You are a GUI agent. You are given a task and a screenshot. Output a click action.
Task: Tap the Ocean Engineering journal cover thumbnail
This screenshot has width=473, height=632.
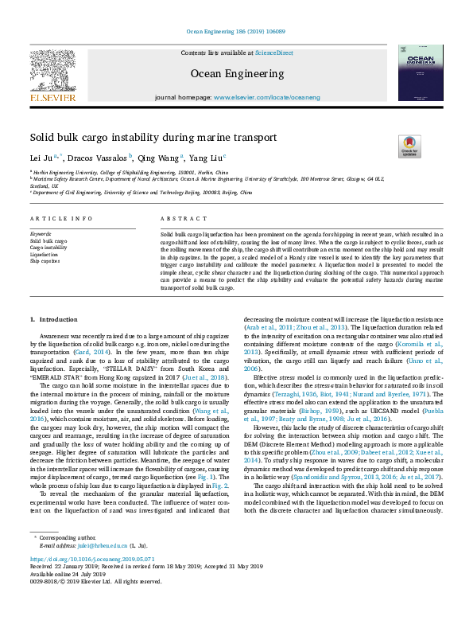pos(421,72)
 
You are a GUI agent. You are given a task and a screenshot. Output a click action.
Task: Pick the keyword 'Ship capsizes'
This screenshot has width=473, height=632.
pos(45,260)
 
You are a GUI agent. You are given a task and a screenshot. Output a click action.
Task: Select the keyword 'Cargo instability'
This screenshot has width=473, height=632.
pos(48,247)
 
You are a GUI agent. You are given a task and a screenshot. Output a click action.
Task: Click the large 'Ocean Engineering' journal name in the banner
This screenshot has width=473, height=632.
pos(235,73)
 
